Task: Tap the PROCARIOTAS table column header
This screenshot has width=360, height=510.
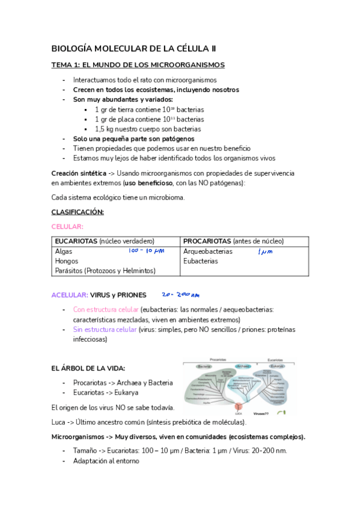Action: point(204,241)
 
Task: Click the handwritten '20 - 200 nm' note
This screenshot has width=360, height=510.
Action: point(180,295)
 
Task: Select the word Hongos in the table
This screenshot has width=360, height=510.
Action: point(66,261)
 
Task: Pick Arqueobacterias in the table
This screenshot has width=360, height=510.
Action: point(208,251)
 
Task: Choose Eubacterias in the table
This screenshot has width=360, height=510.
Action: point(201,261)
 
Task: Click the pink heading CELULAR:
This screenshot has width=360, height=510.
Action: point(67,226)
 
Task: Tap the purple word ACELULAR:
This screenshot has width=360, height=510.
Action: point(70,295)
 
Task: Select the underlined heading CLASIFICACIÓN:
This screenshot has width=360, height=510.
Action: point(78,212)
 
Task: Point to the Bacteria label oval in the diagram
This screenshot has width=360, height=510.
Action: point(204,366)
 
